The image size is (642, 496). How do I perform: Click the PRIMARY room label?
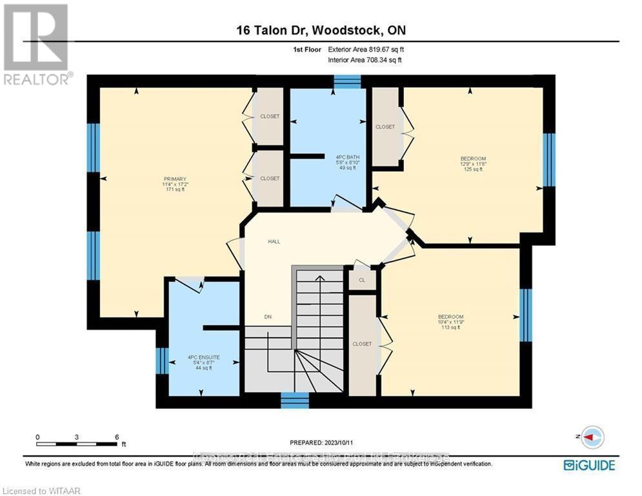pyautogui.click(x=174, y=179)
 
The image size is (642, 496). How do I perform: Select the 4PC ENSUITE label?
pyautogui.click(x=204, y=357)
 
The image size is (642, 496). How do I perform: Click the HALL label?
pyautogui.click(x=274, y=242)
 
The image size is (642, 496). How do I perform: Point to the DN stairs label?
pyautogui.click(x=268, y=316)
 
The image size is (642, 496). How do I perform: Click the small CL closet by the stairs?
pyautogui.click(x=362, y=280)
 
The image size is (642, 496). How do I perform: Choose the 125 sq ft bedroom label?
pyautogui.click(x=473, y=158)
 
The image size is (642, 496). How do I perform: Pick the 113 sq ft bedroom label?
pyautogui.click(x=450, y=316)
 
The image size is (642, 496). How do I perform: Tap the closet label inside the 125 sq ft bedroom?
pyautogui.click(x=385, y=127)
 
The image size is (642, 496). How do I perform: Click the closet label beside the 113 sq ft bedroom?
pyautogui.click(x=362, y=344)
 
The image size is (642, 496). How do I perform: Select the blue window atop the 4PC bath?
pyautogui.click(x=347, y=81)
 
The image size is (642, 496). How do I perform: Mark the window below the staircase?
pyautogui.click(x=295, y=401)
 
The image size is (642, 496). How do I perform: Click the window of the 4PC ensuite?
pyautogui.click(x=162, y=361)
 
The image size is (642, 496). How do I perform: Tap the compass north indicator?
pyautogui.click(x=592, y=437)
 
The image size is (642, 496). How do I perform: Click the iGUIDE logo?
pyautogui.click(x=588, y=465)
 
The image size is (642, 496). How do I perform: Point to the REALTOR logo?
pyautogui.click(x=37, y=44)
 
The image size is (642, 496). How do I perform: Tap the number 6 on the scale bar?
pyautogui.click(x=117, y=437)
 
